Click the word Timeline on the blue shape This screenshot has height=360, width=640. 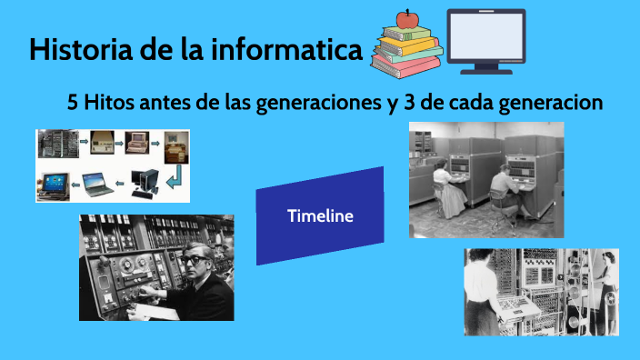click(320, 216)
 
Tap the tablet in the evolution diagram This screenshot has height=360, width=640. click(52, 182)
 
